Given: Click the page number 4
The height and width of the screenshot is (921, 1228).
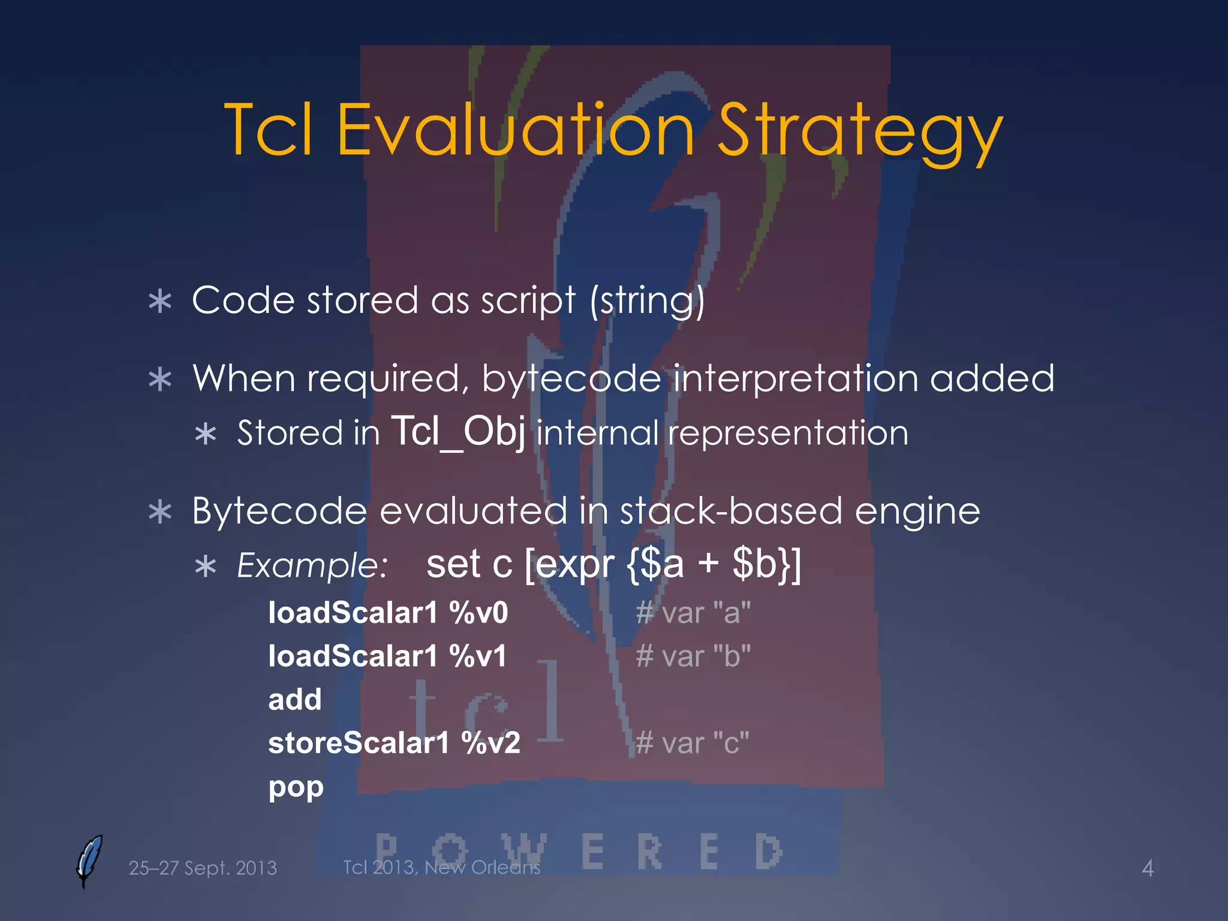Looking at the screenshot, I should pos(1147,868).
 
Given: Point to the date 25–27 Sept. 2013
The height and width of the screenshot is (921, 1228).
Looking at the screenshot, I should pos(203,868).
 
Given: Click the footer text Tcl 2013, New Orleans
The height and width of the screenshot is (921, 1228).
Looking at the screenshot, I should pos(441,867).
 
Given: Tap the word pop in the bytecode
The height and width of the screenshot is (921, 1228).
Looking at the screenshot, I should pos(296,787).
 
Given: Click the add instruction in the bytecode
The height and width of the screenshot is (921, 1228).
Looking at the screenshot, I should pos(294,700).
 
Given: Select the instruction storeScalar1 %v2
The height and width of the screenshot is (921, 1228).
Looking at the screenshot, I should pos(394,744).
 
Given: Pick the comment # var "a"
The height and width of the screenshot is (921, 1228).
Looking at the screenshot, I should pos(693,613).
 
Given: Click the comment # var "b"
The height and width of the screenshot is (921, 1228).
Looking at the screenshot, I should pos(693,656).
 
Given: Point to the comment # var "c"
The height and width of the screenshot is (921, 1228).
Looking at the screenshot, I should pos(693,744).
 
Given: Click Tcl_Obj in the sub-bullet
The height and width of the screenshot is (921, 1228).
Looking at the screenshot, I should pos(458,431).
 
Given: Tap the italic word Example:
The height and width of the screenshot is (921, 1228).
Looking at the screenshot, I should pos(312,565).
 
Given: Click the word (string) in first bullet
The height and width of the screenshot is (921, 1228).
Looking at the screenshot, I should pos(648,300).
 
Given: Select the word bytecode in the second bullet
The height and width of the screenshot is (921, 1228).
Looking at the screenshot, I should pos(571,379).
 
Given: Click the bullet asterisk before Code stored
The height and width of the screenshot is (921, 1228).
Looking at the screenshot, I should pos(160,302).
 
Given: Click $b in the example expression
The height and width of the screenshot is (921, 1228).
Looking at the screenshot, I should pos(754,564).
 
